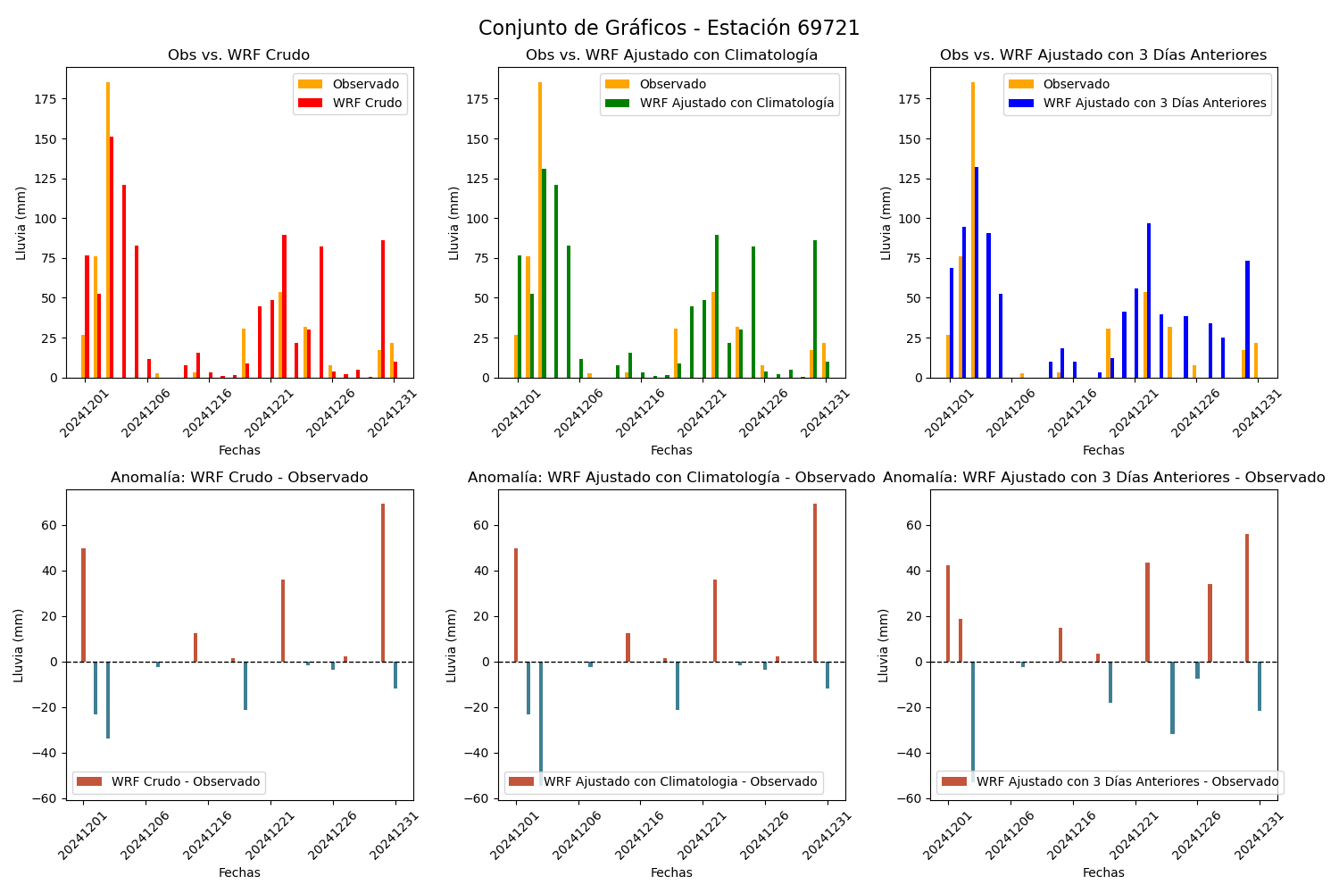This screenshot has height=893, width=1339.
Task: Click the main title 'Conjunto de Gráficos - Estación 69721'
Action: [x=669, y=28]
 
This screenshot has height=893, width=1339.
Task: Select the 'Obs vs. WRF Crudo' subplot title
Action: [x=238, y=55]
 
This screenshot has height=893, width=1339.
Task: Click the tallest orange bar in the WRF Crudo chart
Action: [x=108, y=230]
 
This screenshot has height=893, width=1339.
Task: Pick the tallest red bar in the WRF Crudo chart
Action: [x=112, y=257]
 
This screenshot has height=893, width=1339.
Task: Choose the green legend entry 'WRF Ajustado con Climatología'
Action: [x=719, y=103]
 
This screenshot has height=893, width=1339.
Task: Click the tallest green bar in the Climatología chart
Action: [x=544, y=273]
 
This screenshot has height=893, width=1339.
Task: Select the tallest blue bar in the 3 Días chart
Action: [x=977, y=272]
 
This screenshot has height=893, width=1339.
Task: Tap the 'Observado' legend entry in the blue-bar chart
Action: [x=1059, y=84]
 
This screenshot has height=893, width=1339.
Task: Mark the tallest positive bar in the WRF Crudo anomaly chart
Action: [x=383, y=583]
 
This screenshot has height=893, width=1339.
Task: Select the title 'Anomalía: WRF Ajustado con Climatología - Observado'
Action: [x=671, y=477]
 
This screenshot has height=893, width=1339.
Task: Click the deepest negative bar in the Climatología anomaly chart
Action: [x=541, y=723]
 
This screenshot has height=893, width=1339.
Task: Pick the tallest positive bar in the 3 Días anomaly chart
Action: [x=1247, y=598]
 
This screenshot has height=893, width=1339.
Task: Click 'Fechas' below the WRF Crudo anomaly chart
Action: [x=239, y=872]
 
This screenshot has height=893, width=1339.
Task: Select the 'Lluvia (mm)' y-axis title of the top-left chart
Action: [x=21, y=224]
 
